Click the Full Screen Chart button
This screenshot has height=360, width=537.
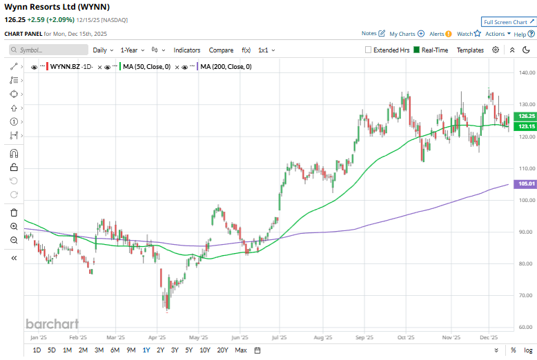(x=509, y=22)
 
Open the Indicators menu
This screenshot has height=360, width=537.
(x=186, y=50)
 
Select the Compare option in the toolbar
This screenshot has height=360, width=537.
(x=221, y=50)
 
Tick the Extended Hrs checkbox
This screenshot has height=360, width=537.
(x=369, y=50)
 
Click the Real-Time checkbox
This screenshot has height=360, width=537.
(x=417, y=50)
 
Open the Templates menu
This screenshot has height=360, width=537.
(x=470, y=50)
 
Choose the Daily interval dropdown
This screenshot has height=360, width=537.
(x=103, y=50)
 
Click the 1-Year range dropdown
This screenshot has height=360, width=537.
(x=133, y=50)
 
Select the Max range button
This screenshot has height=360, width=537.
(x=241, y=350)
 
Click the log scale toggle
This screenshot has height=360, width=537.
(x=527, y=350)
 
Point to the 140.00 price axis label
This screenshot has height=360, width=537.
(x=527, y=72)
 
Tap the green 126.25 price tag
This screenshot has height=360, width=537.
(x=527, y=116)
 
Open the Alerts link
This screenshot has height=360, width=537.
(x=440, y=33)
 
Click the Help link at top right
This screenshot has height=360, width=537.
(x=521, y=33)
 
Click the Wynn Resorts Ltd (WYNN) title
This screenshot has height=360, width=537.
(x=46, y=8)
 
